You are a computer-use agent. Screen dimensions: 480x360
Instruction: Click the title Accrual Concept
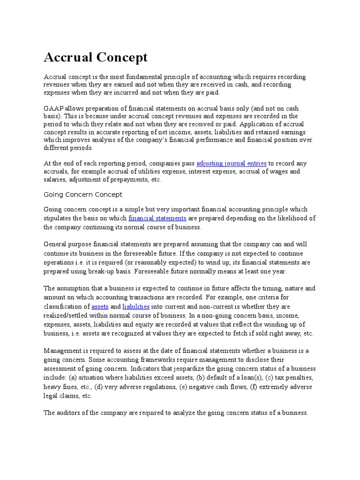tap(96, 57)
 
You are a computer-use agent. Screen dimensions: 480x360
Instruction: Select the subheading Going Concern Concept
tap(83, 194)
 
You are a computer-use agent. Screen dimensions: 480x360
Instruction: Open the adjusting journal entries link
tap(232, 164)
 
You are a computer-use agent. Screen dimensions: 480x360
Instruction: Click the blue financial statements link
tap(157, 218)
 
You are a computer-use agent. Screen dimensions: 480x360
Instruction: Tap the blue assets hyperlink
tap(100, 307)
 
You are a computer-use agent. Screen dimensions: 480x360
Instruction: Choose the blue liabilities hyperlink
tap(136, 307)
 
